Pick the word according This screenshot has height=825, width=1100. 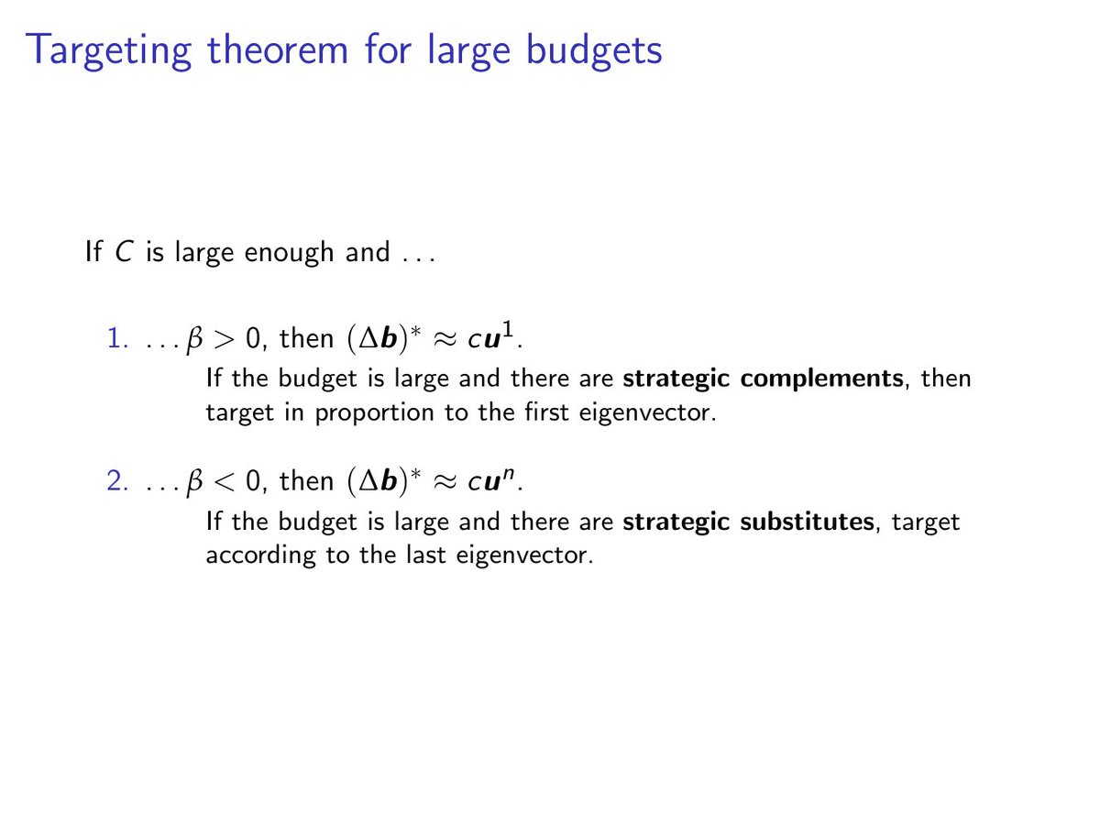[262, 556]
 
